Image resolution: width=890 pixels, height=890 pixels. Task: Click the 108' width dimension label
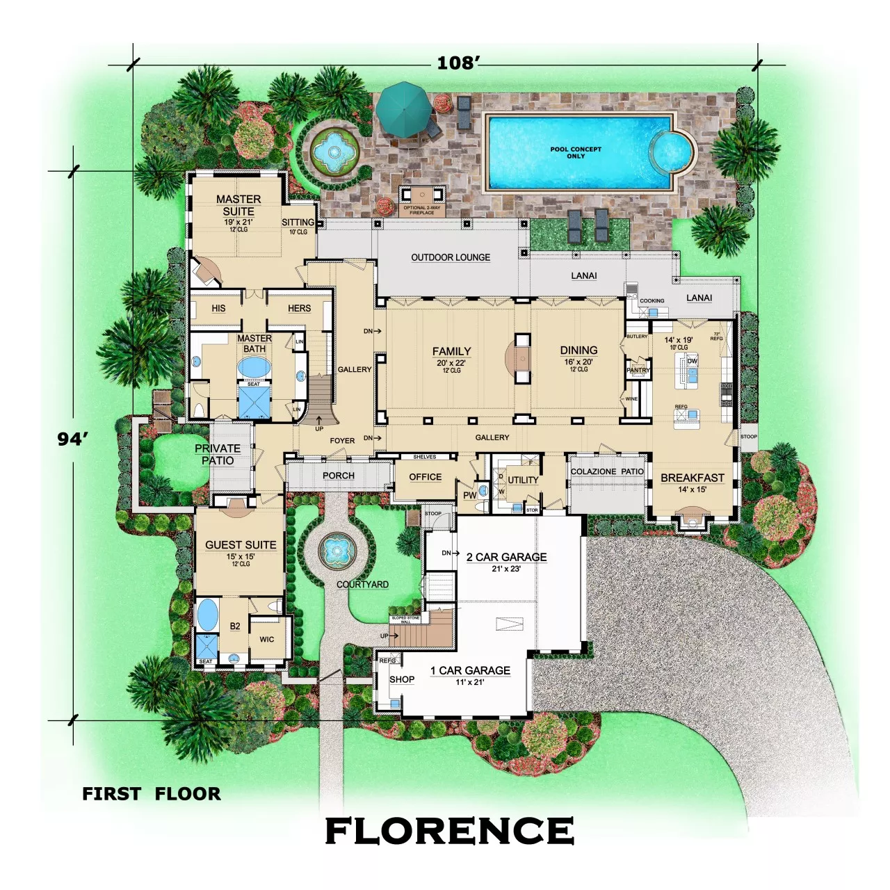tap(458, 63)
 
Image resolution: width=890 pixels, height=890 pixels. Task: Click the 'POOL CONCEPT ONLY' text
tap(576, 152)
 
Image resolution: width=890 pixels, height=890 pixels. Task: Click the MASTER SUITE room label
tap(238, 205)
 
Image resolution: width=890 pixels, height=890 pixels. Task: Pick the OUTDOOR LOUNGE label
tap(451, 257)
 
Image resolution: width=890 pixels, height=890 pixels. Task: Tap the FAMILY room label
tap(451, 351)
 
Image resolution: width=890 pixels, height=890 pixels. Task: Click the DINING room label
tap(578, 350)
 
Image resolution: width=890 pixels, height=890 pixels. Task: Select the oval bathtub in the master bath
tap(254, 367)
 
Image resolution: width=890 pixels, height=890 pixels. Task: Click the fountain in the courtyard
tap(338, 551)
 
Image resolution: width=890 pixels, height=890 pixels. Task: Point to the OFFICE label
tap(425, 477)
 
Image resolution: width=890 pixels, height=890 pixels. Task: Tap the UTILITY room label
tap(523, 480)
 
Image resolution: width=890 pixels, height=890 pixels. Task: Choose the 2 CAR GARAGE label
tap(506, 557)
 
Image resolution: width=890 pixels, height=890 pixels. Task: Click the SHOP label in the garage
tap(402, 679)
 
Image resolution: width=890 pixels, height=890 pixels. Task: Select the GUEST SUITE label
tap(241, 544)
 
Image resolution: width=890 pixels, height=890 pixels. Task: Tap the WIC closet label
tap(267, 639)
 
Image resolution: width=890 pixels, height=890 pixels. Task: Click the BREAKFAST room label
tap(692, 478)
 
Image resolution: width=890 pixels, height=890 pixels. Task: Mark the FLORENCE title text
tap(450, 831)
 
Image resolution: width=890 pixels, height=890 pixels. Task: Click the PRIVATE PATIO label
tap(218, 454)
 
